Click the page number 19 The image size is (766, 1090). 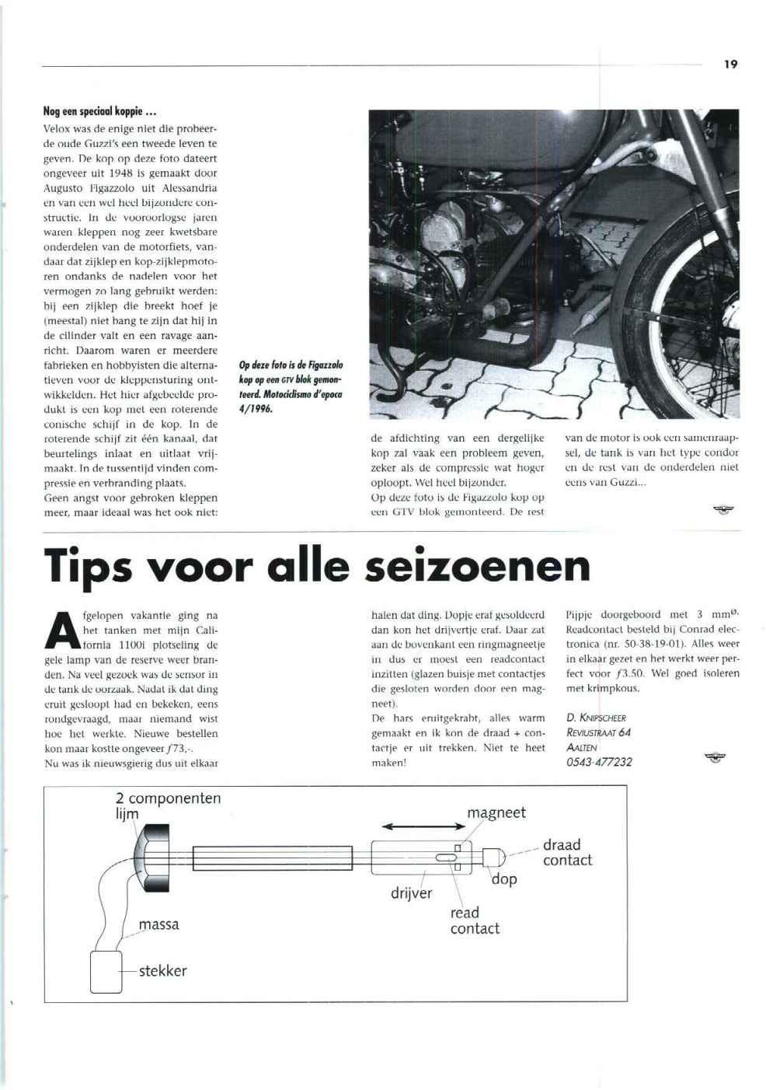[730, 65]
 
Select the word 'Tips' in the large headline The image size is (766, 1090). [95, 566]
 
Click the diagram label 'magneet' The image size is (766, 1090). [496, 812]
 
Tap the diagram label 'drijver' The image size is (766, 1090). [411, 893]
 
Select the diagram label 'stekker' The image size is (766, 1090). [162, 970]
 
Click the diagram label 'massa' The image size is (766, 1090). [159, 924]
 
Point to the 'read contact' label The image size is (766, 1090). [474, 921]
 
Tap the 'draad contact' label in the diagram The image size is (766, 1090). [566, 852]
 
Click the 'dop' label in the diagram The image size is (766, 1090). [504, 879]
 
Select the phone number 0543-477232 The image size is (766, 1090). [599, 762]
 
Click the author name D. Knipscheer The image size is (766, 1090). [596, 718]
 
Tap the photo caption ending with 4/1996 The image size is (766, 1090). [291, 386]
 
